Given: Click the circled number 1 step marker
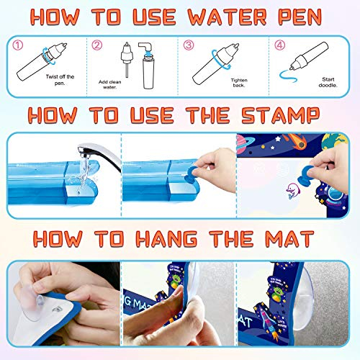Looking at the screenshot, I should pos(19,45).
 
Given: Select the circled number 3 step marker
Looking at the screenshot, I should pos(189,45).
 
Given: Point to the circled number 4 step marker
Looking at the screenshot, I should pos(279,45).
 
